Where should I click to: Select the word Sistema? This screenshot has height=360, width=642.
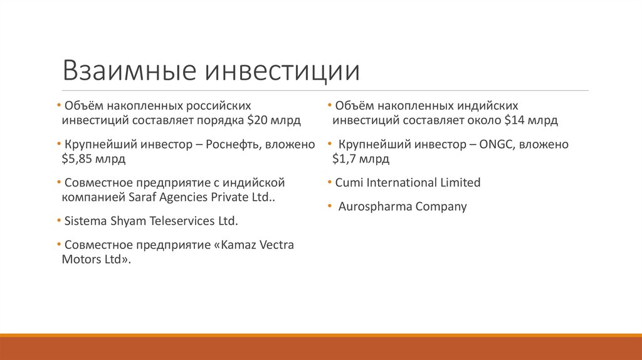point(85,221)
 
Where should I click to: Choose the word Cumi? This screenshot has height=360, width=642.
point(349,183)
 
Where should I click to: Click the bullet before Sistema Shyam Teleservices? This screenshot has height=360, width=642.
point(59,221)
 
